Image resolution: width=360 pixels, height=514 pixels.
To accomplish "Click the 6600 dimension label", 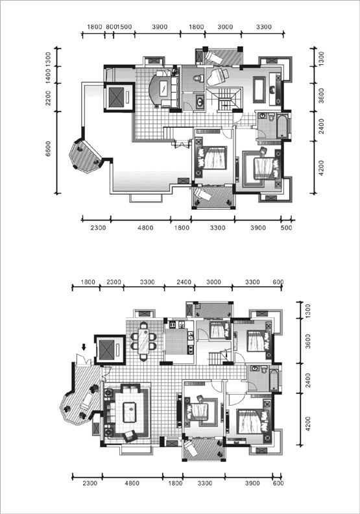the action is (48, 149).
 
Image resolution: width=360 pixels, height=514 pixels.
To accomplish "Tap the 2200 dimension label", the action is (48, 98).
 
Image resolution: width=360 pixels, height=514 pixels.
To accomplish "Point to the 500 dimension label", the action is (286, 228).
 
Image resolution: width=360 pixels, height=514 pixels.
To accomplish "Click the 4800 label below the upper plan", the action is (145, 228).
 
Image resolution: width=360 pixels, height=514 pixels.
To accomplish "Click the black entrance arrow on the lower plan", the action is (84, 347).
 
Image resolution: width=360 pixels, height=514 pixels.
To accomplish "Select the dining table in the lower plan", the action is (143, 341).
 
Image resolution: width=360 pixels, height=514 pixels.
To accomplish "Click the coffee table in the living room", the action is (129, 412).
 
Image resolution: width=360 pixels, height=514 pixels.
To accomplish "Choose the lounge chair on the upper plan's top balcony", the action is (213, 58).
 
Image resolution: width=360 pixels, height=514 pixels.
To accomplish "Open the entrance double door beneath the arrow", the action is (82, 360).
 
